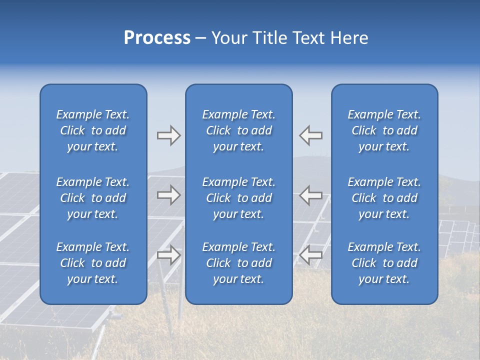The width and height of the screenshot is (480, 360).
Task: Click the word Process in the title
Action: pyautogui.click(x=157, y=38)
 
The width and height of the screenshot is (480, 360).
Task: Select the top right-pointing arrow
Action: pyautogui.click(x=168, y=135)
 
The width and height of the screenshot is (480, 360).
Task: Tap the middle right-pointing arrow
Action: pyautogui.click(x=168, y=195)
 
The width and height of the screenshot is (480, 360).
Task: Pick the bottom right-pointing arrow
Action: pyautogui.click(x=168, y=255)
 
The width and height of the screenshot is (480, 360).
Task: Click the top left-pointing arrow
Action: pyautogui.click(x=310, y=135)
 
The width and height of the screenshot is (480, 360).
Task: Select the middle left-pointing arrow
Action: pyautogui.click(x=310, y=195)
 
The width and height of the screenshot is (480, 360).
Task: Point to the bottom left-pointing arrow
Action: pyautogui.click(x=310, y=255)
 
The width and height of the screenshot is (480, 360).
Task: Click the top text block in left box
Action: pyautogui.click(x=93, y=130)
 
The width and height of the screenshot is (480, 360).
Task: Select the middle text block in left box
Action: pyautogui.click(x=93, y=198)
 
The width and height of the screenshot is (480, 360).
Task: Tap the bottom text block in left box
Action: pyautogui.click(x=93, y=263)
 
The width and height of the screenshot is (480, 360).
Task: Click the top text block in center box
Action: pyautogui.click(x=239, y=130)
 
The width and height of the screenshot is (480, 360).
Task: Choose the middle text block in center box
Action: pyautogui.click(x=239, y=198)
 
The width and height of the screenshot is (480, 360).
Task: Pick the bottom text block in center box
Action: pyautogui.click(x=239, y=263)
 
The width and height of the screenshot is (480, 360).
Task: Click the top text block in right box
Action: pyautogui.click(x=384, y=130)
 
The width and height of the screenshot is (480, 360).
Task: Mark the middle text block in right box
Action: pyautogui.click(x=384, y=198)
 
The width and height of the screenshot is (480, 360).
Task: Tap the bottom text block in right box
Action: pyautogui.click(x=384, y=263)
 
